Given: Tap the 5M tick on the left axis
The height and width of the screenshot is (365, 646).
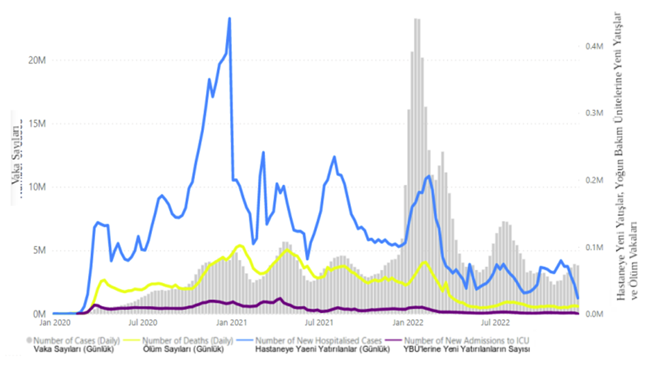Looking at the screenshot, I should pyautogui.click(x=38, y=250).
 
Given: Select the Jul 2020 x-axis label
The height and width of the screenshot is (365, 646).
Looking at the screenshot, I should pyautogui.click(x=143, y=320).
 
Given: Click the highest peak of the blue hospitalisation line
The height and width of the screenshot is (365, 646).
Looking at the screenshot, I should pyautogui.click(x=229, y=18).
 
